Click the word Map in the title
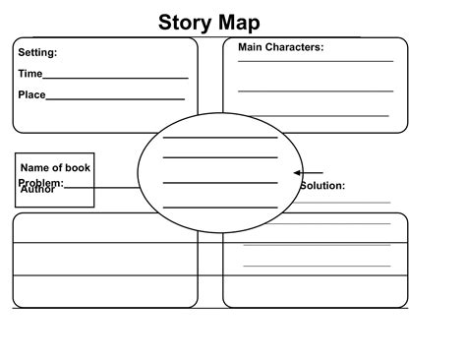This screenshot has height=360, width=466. pyautogui.click(x=242, y=23)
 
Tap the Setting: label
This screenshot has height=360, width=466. pyautogui.click(x=37, y=53)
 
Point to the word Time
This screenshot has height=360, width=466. pyautogui.click(x=30, y=74)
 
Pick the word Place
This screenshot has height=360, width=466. pyautogui.click(x=31, y=95)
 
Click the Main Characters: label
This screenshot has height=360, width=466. pyautogui.click(x=280, y=47)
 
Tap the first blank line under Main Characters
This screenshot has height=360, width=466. pyautogui.click(x=315, y=61)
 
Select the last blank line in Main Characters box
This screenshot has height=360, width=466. pyautogui.click(x=315, y=116)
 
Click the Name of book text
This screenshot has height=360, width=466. pyautogui.click(x=55, y=167)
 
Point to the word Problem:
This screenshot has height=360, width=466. pyautogui.click(x=40, y=183)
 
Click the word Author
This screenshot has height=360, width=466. pyautogui.click(x=37, y=189)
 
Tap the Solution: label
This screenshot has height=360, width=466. pyautogui.click(x=322, y=185)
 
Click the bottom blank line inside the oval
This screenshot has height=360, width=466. pyautogui.click(x=220, y=207)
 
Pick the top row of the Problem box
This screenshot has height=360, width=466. pyautogui.click(x=105, y=228)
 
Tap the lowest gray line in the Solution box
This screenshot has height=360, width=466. pyautogui.click(x=315, y=267)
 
